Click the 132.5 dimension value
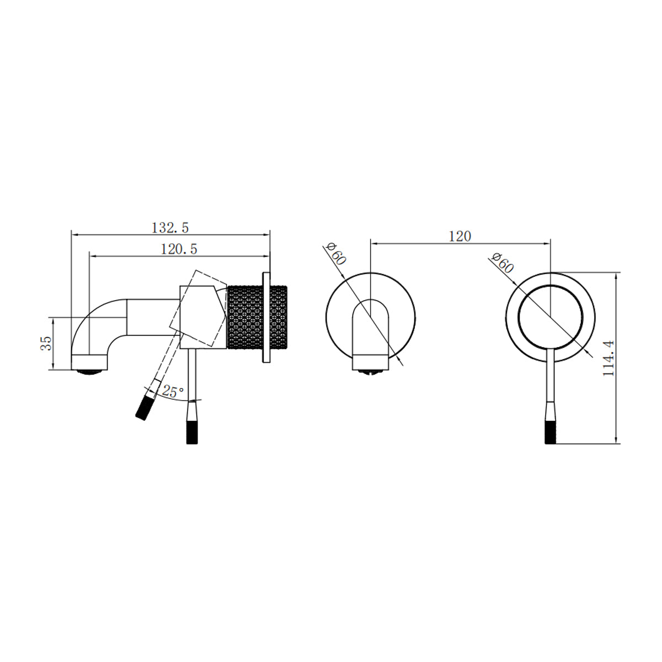[x=170, y=227]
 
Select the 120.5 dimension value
[x=179, y=249]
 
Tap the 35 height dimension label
[x=46, y=343]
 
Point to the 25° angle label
[x=173, y=392]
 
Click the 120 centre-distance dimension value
[x=460, y=236]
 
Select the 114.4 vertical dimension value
[x=608, y=358]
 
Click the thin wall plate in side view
[x=266, y=317]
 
